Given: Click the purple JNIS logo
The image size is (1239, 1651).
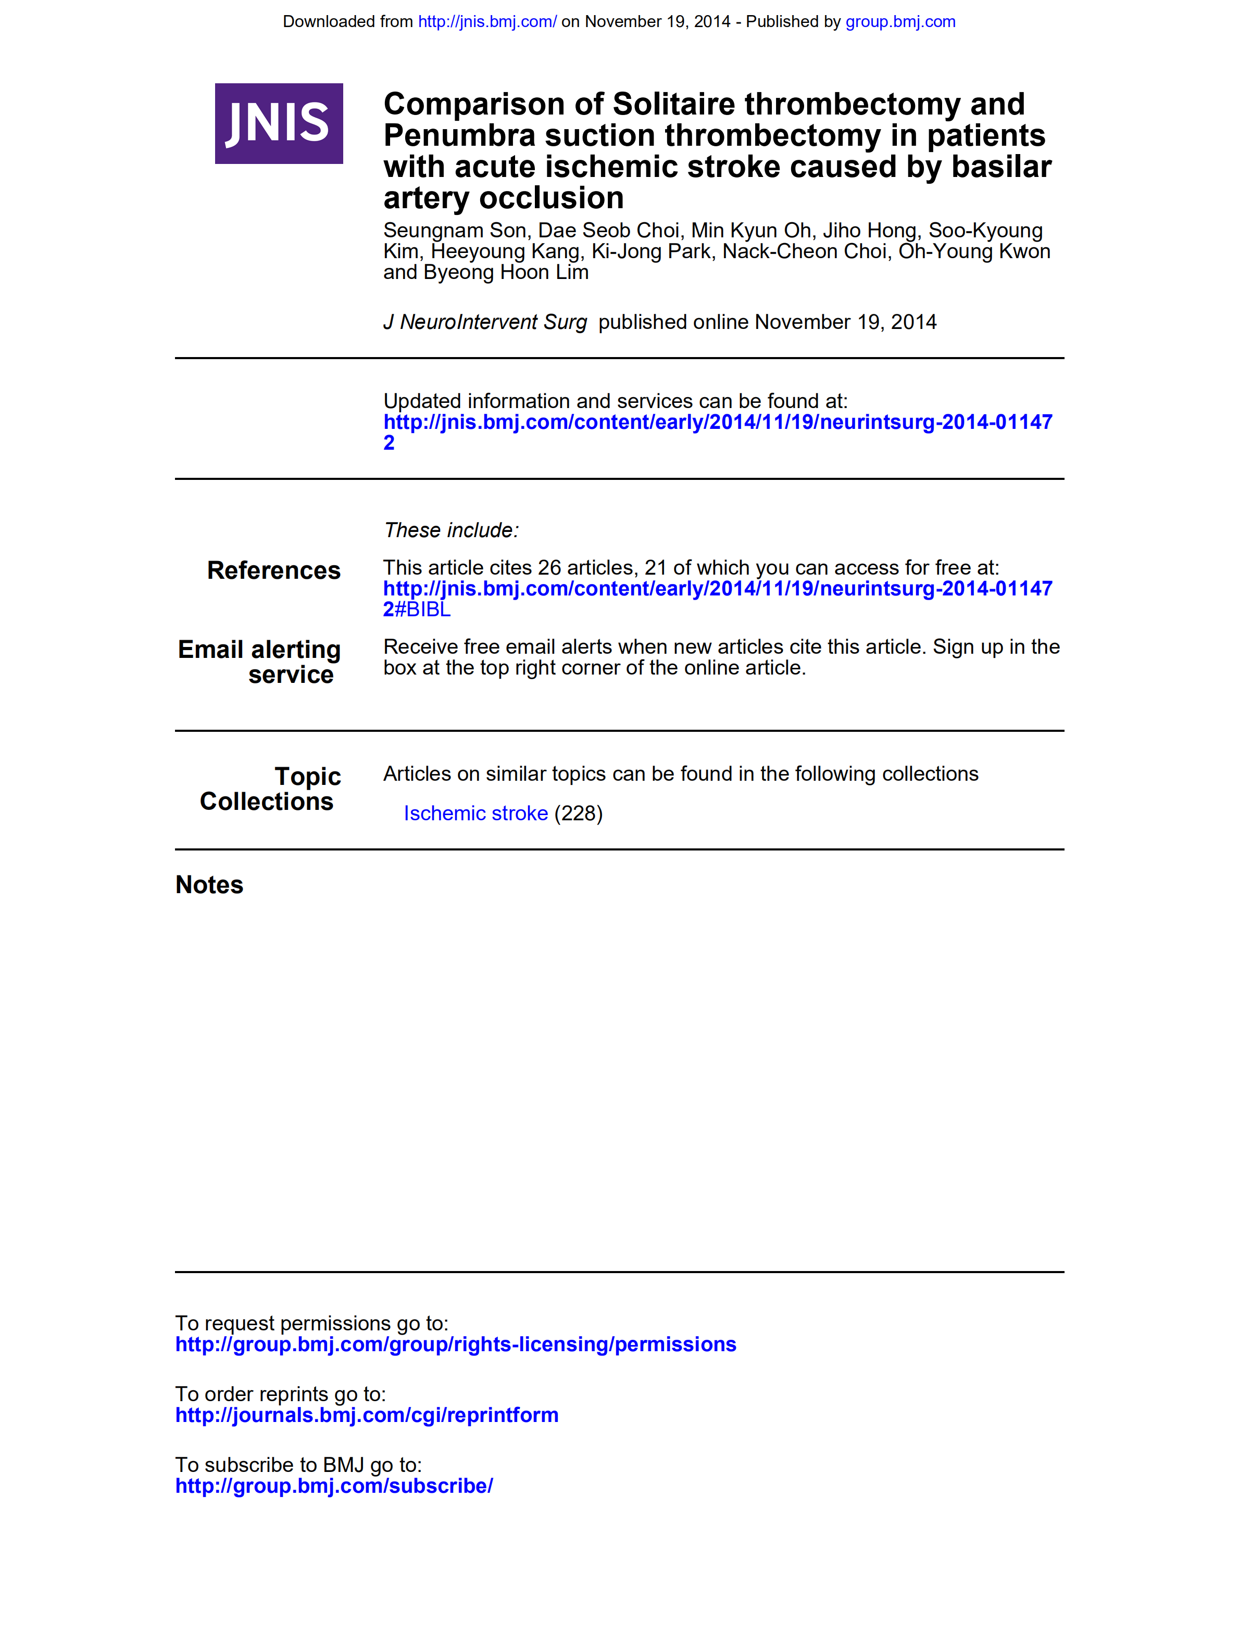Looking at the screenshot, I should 279,123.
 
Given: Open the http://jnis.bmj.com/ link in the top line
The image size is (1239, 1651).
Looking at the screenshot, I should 487,22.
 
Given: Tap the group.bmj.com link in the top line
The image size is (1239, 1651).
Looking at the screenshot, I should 900,22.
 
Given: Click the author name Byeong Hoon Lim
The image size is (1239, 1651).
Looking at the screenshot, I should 506,272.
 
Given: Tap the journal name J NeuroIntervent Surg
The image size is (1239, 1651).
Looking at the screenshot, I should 485,322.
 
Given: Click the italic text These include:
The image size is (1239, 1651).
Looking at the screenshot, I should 450,531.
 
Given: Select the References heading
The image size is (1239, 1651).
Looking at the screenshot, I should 273,570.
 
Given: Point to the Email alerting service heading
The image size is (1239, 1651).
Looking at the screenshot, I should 259,662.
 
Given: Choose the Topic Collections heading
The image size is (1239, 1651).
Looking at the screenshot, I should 270,789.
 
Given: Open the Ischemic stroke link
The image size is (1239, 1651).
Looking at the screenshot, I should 475,814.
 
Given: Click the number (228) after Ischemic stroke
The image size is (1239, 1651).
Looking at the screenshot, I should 578,814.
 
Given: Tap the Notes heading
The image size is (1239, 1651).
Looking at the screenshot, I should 209,885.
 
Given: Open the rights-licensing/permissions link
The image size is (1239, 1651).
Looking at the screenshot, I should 456,1344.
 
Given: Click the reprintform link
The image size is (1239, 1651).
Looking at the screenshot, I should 367,1415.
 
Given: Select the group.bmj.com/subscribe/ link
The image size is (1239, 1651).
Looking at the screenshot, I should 334,1486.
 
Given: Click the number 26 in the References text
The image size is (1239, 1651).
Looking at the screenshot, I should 549,568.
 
